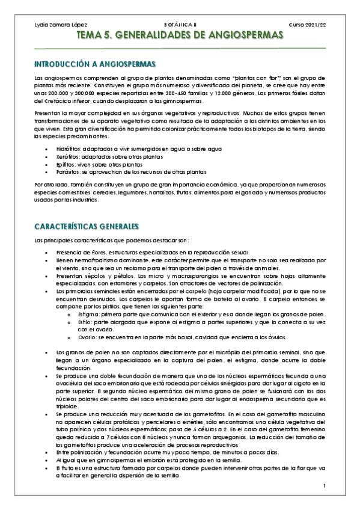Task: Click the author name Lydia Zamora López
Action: pos(59,25)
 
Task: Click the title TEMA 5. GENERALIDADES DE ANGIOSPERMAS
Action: pos(180,37)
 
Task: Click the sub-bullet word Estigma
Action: pos(87,315)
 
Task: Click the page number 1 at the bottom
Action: pos(323,485)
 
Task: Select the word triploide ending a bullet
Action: pos(67,407)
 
